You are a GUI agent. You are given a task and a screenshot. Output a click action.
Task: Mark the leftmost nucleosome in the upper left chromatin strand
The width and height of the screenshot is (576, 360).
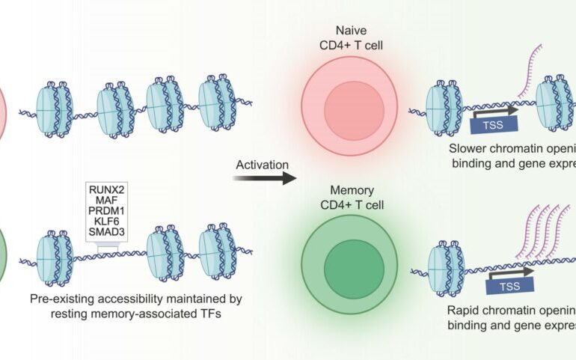pos(54,110)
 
